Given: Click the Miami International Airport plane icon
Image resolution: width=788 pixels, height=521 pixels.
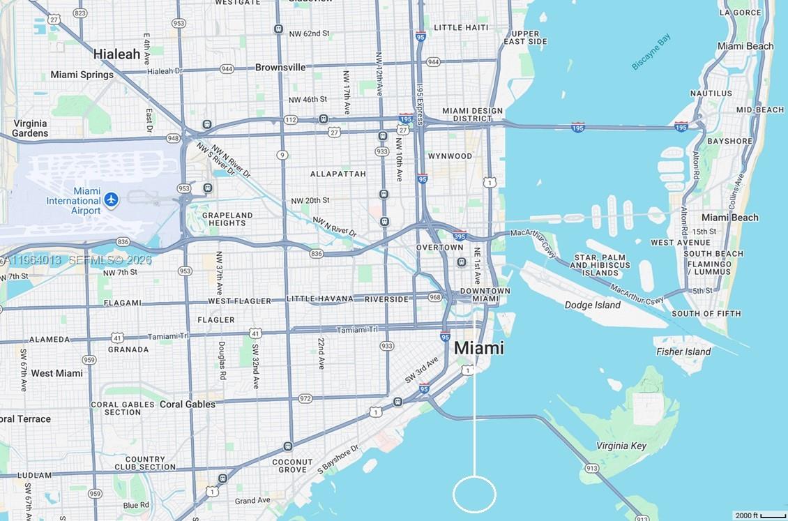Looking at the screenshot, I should (x=112, y=200).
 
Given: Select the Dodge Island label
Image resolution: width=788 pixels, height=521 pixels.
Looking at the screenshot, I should (x=592, y=305).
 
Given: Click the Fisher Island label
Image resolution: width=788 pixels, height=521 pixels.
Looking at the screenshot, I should (x=683, y=352).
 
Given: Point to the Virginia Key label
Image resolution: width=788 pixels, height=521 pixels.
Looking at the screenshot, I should (x=621, y=446).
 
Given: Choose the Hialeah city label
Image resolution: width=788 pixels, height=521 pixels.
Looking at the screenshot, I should (x=117, y=54).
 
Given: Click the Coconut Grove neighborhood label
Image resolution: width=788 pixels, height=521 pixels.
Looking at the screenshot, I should (x=292, y=466).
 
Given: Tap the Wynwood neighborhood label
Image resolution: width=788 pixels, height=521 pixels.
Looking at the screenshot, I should (x=450, y=156).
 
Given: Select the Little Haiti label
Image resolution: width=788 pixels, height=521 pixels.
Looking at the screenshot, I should (x=461, y=27).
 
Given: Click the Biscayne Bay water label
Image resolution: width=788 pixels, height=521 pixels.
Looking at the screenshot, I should (x=651, y=52).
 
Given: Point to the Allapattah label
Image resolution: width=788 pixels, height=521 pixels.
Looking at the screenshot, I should (x=338, y=174).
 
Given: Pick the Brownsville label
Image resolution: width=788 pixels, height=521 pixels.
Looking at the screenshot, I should (x=280, y=68).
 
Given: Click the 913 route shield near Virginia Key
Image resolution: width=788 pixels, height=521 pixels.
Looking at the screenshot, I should (x=592, y=468).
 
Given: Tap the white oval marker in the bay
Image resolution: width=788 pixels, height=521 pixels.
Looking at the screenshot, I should (x=474, y=494).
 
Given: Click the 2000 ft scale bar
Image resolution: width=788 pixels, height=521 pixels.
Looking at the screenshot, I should (x=761, y=515).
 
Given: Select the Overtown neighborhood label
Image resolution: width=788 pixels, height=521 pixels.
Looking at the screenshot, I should (x=440, y=248).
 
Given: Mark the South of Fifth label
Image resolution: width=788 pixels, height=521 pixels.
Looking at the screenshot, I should (x=706, y=314).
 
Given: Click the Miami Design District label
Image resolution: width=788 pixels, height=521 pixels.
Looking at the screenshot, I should (x=472, y=114).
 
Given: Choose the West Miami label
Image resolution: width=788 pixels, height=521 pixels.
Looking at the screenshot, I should (x=57, y=373).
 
